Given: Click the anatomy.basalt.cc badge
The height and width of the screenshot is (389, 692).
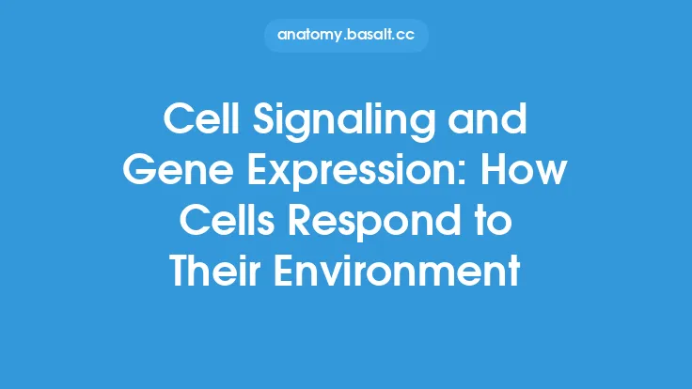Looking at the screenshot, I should [346, 37].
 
